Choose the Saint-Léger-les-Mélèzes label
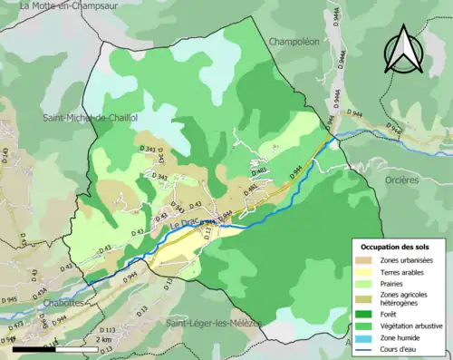[214, 323]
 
